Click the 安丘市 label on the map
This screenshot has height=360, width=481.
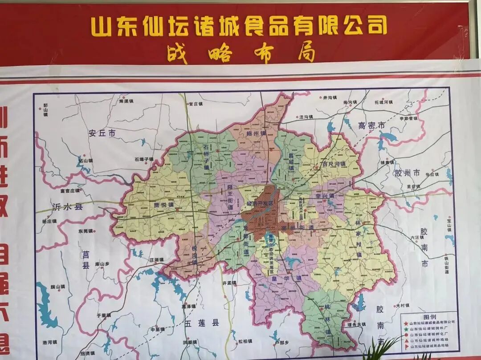[102, 133]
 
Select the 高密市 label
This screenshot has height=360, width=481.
[371, 126]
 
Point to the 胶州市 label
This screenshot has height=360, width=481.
[407, 173]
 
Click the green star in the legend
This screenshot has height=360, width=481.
[406, 328]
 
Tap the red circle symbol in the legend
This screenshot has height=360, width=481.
[406, 334]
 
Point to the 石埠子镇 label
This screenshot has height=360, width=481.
[143, 159]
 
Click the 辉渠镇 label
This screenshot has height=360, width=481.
[126, 101]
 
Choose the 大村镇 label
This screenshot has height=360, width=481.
[402, 306]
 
